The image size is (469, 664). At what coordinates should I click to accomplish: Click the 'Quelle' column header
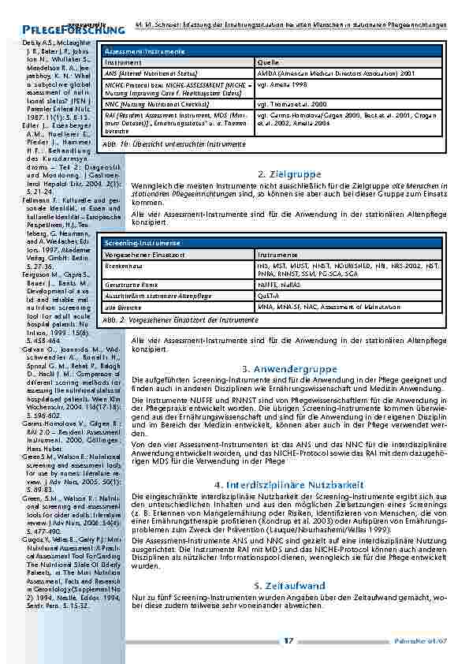point(269,62)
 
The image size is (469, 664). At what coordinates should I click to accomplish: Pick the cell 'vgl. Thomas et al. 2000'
point(292,103)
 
